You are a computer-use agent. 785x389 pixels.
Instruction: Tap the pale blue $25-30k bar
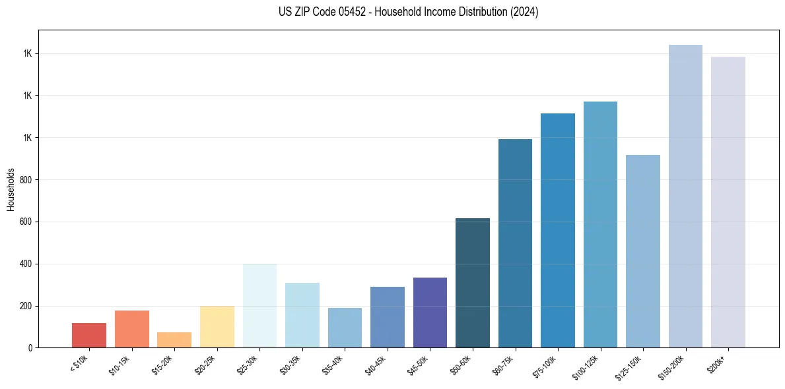click(x=259, y=305)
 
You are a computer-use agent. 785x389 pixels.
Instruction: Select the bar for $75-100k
click(x=558, y=231)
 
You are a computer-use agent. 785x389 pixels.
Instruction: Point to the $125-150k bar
click(x=643, y=251)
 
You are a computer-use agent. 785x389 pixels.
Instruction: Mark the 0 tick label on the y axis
click(x=29, y=348)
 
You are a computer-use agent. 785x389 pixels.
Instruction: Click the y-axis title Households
click(x=11, y=189)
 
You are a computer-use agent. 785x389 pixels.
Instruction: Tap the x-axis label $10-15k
click(x=120, y=364)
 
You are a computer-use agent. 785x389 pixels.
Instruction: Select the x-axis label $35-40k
click(x=333, y=364)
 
